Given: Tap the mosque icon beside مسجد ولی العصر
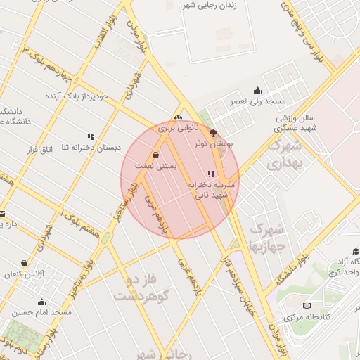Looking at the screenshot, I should tap(257, 90).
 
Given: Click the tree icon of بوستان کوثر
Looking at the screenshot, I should tap(214, 133).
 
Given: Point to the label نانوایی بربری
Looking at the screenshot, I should tap(174, 129).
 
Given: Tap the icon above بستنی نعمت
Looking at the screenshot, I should tap(155, 155).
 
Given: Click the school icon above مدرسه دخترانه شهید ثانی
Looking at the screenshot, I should tap(210, 174).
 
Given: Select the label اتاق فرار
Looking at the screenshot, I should tap(41, 150).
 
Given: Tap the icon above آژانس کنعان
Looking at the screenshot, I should tap(25, 263).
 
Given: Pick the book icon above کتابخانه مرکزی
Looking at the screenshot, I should tap(306, 306).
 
